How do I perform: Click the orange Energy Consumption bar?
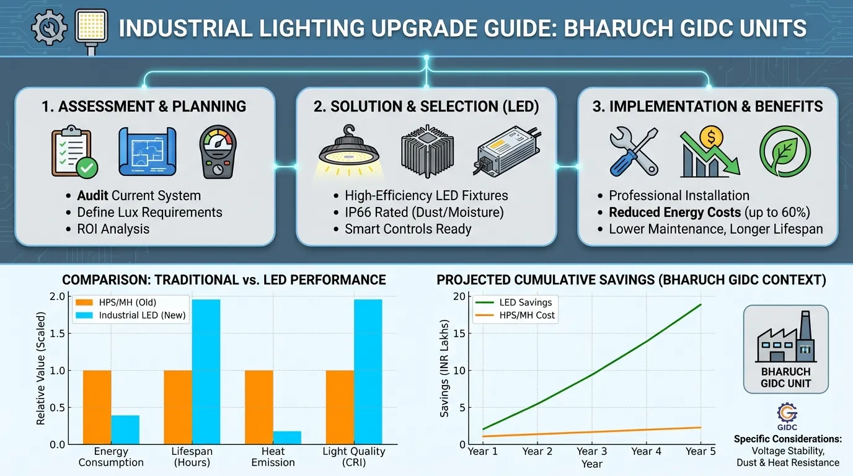click(x=97, y=407)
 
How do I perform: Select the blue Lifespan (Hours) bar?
click(x=206, y=372)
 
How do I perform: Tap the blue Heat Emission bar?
click(x=287, y=438)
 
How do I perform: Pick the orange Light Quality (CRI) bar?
click(x=340, y=407)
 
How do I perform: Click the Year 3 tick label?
click(x=591, y=451)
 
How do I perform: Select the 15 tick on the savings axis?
click(x=459, y=333)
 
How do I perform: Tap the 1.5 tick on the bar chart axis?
click(x=60, y=333)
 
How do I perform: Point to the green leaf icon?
click(x=785, y=152)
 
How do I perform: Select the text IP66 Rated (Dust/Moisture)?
click(x=424, y=213)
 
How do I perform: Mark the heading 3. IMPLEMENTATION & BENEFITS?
click(x=707, y=106)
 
